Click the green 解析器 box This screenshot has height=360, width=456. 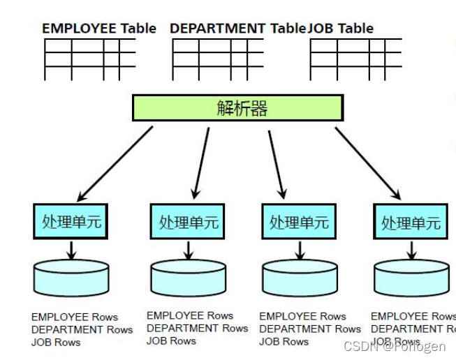[x=237, y=108]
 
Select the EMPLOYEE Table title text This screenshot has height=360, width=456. [x=98, y=29]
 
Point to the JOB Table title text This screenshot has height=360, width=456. [x=341, y=29]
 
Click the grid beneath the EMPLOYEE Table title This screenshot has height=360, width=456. [x=89, y=59]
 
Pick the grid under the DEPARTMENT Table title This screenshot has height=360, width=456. [x=217, y=59]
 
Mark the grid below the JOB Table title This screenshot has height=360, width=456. [x=355, y=59]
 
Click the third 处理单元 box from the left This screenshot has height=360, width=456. [x=299, y=223]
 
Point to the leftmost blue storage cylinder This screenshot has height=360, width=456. [x=71, y=277]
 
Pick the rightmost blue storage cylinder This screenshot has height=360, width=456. [x=411, y=278]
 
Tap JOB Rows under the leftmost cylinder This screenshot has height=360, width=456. [x=56, y=343]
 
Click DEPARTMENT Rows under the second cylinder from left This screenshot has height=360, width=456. [x=197, y=328]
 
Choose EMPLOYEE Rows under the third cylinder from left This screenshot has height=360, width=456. [x=302, y=316]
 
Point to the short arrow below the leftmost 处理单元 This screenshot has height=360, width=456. [x=71, y=250]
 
